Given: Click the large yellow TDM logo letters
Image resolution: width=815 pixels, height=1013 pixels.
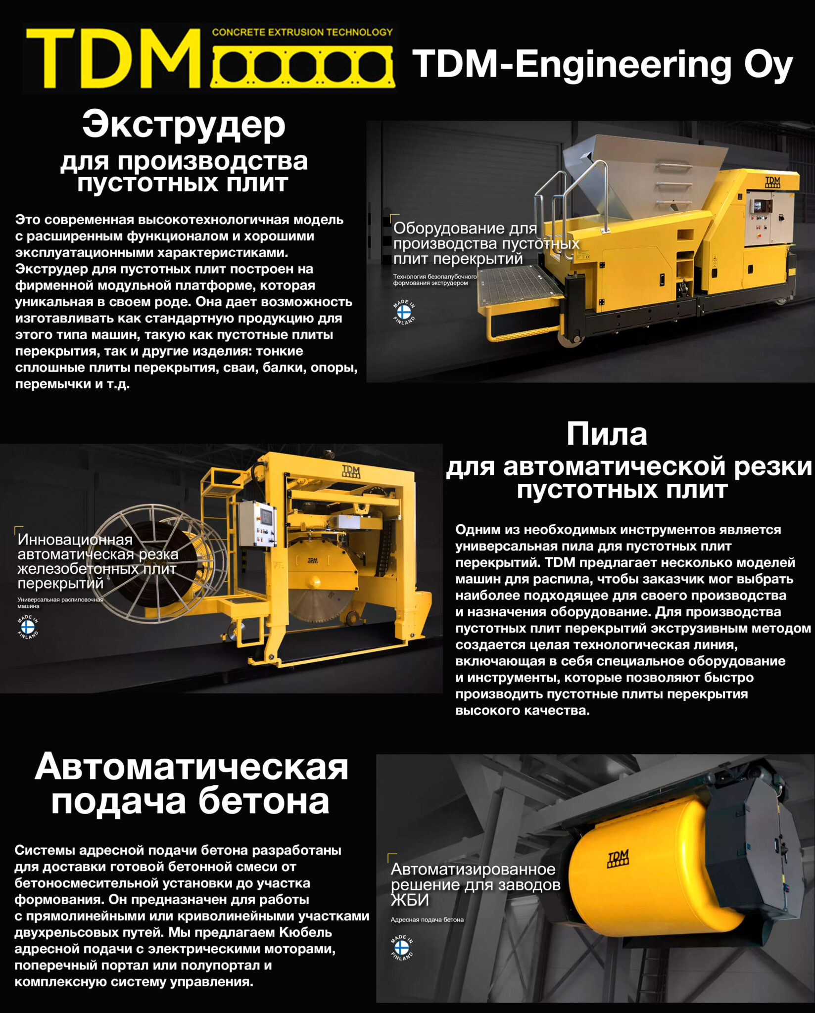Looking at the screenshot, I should coord(113,58).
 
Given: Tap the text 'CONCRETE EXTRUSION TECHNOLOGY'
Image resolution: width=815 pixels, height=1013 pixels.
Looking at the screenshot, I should coord(302,33).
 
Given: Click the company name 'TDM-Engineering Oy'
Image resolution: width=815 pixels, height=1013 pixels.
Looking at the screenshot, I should coord(602,64).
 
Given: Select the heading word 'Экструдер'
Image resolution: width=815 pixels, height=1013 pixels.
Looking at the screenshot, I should coord(184,125).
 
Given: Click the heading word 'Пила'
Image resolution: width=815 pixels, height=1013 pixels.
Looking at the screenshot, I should coord(607,434).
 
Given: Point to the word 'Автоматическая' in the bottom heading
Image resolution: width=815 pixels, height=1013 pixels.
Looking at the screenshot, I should coord(192,768).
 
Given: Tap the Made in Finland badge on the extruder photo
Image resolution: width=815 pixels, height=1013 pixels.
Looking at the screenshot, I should coord(404,312).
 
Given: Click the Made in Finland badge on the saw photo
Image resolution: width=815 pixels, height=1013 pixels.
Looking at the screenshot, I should coord(28,627).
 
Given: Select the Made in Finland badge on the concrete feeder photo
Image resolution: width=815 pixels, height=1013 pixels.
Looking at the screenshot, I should coord(402,948).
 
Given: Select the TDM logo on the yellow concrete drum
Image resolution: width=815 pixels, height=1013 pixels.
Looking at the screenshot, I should coord(618,858).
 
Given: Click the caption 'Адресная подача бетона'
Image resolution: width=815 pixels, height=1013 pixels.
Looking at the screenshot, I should coord(427,920).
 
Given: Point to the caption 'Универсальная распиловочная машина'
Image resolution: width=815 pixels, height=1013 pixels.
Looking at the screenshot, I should coord(59,602).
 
